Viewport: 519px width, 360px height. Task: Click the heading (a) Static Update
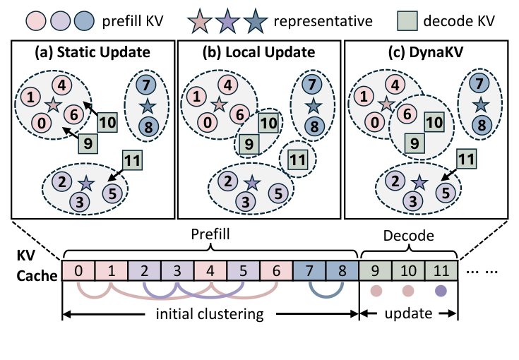[x=93, y=53]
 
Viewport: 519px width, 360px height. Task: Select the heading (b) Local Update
[x=258, y=53]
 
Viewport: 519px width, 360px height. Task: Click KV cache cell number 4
[x=210, y=270]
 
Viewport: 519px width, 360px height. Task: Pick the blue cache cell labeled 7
[x=309, y=270]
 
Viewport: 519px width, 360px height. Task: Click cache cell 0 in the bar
[x=78, y=270]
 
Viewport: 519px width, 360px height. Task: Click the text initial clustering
[x=210, y=314]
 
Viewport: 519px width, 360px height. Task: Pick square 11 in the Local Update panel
[x=298, y=157]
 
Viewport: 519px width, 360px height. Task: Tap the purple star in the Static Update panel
[x=85, y=183]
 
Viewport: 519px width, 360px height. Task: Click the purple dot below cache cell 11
[x=442, y=291]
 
